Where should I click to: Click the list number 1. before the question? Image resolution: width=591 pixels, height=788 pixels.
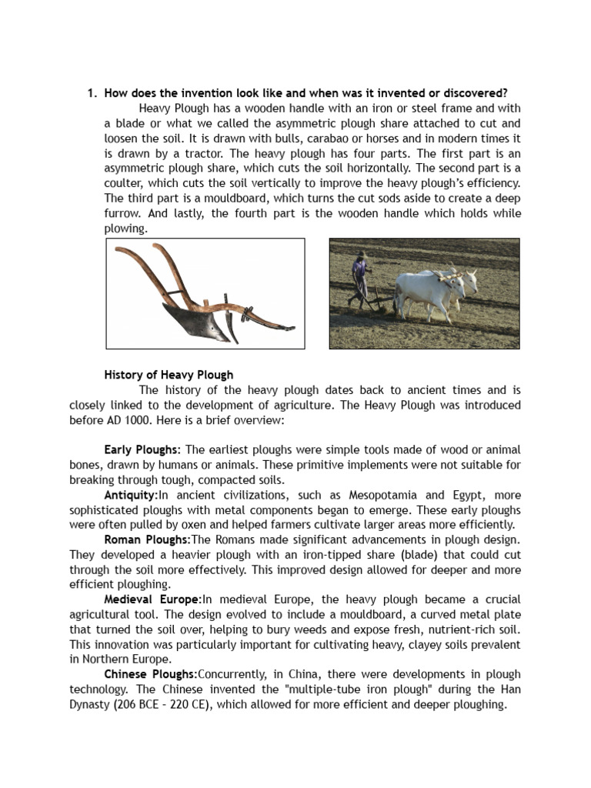[91, 94]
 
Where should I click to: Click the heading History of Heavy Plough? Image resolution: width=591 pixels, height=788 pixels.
[169, 376]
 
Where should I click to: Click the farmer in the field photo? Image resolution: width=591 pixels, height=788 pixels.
[359, 280]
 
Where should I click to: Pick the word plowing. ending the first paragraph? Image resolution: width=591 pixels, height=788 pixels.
[125, 229]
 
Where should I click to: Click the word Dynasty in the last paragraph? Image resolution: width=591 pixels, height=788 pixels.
[95, 704]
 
